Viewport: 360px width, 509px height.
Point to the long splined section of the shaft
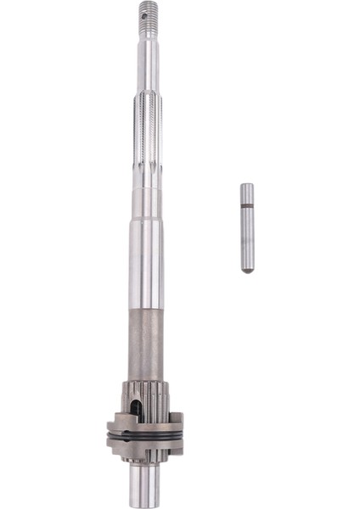(x=146, y=136)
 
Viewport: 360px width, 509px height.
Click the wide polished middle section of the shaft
(x=145, y=263)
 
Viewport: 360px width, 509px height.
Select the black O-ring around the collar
(x=144, y=436)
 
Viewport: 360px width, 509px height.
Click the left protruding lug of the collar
(x=112, y=433)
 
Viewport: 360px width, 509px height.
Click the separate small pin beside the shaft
(x=246, y=229)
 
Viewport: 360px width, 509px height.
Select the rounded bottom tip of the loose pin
(x=246, y=269)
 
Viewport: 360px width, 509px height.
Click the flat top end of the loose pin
(x=246, y=186)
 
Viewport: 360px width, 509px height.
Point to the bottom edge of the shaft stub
(x=144, y=506)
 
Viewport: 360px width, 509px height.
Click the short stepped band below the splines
(x=145, y=199)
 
